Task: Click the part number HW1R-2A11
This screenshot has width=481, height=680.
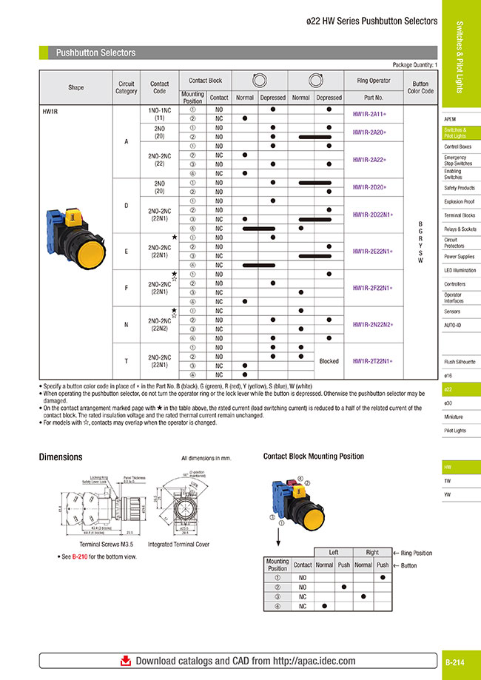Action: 373,114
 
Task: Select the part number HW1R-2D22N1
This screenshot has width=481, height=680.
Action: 373,214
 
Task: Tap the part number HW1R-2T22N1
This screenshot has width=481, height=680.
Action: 373,361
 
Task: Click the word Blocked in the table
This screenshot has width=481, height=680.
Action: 329,361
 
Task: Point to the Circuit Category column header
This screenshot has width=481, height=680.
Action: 126,87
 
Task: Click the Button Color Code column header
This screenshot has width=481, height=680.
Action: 420,87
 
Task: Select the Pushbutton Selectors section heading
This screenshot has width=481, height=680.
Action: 96,53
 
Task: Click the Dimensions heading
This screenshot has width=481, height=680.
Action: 61,457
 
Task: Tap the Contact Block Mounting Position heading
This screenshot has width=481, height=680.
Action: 314,457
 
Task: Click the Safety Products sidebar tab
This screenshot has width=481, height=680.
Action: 459,188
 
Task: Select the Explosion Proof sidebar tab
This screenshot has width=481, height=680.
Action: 459,201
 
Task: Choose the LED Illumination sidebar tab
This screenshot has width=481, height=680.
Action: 459,270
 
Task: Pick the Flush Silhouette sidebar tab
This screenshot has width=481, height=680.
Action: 459,362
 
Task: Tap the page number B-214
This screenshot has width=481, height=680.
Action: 454,664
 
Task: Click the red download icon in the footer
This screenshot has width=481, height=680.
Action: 126,661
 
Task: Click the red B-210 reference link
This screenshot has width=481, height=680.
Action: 80,556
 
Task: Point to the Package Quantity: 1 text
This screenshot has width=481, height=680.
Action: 414,65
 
